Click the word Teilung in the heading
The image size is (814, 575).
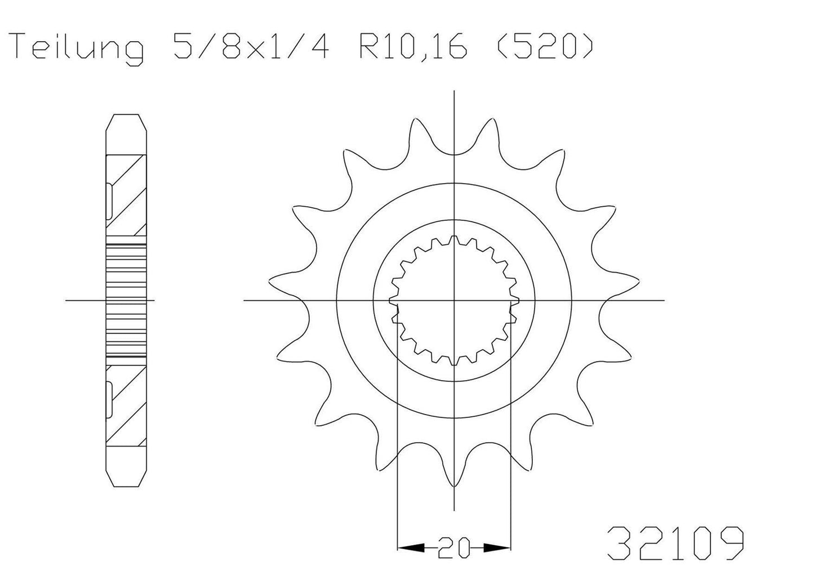(79, 47)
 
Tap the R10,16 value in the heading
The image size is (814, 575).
(412, 47)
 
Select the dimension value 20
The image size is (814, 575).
(455, 547)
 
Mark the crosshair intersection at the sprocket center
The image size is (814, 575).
(454, 300)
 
